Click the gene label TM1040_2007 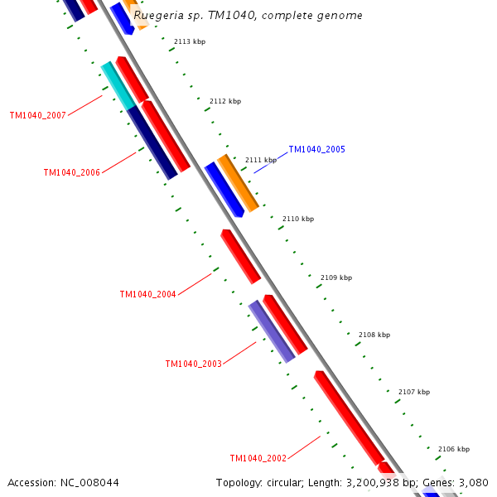pos(37,116)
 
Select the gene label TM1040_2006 pos(71,173)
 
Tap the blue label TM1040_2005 pos(316,150)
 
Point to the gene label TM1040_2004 pos(147,295)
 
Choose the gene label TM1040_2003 pos(193,364)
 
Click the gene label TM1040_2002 pos(258,459)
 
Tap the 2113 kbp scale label pos(190,41)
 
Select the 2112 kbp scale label pos(225,101)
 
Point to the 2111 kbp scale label pos(261,160)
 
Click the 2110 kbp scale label pos(298,220)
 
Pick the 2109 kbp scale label pos(336,278)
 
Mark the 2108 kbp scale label pos(374,335)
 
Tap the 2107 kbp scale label pos(414,392)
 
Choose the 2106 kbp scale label pos(454,449)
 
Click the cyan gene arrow pos(118,84)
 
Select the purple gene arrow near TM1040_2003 pos(272,331)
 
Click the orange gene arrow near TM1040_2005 pos(239,182)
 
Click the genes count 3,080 pos(475,482)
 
